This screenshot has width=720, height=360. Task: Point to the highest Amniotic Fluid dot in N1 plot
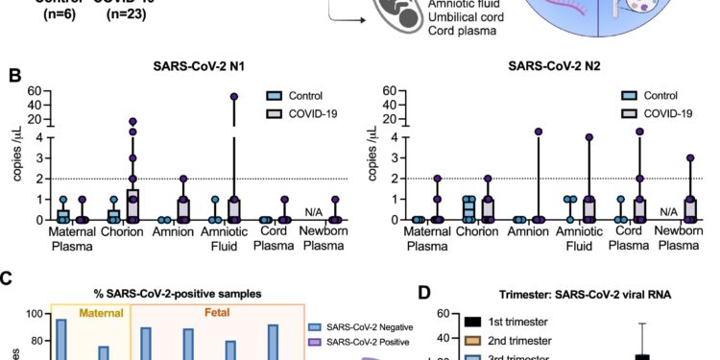point(233,96)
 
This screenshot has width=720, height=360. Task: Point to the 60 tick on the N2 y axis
point(389,92)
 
